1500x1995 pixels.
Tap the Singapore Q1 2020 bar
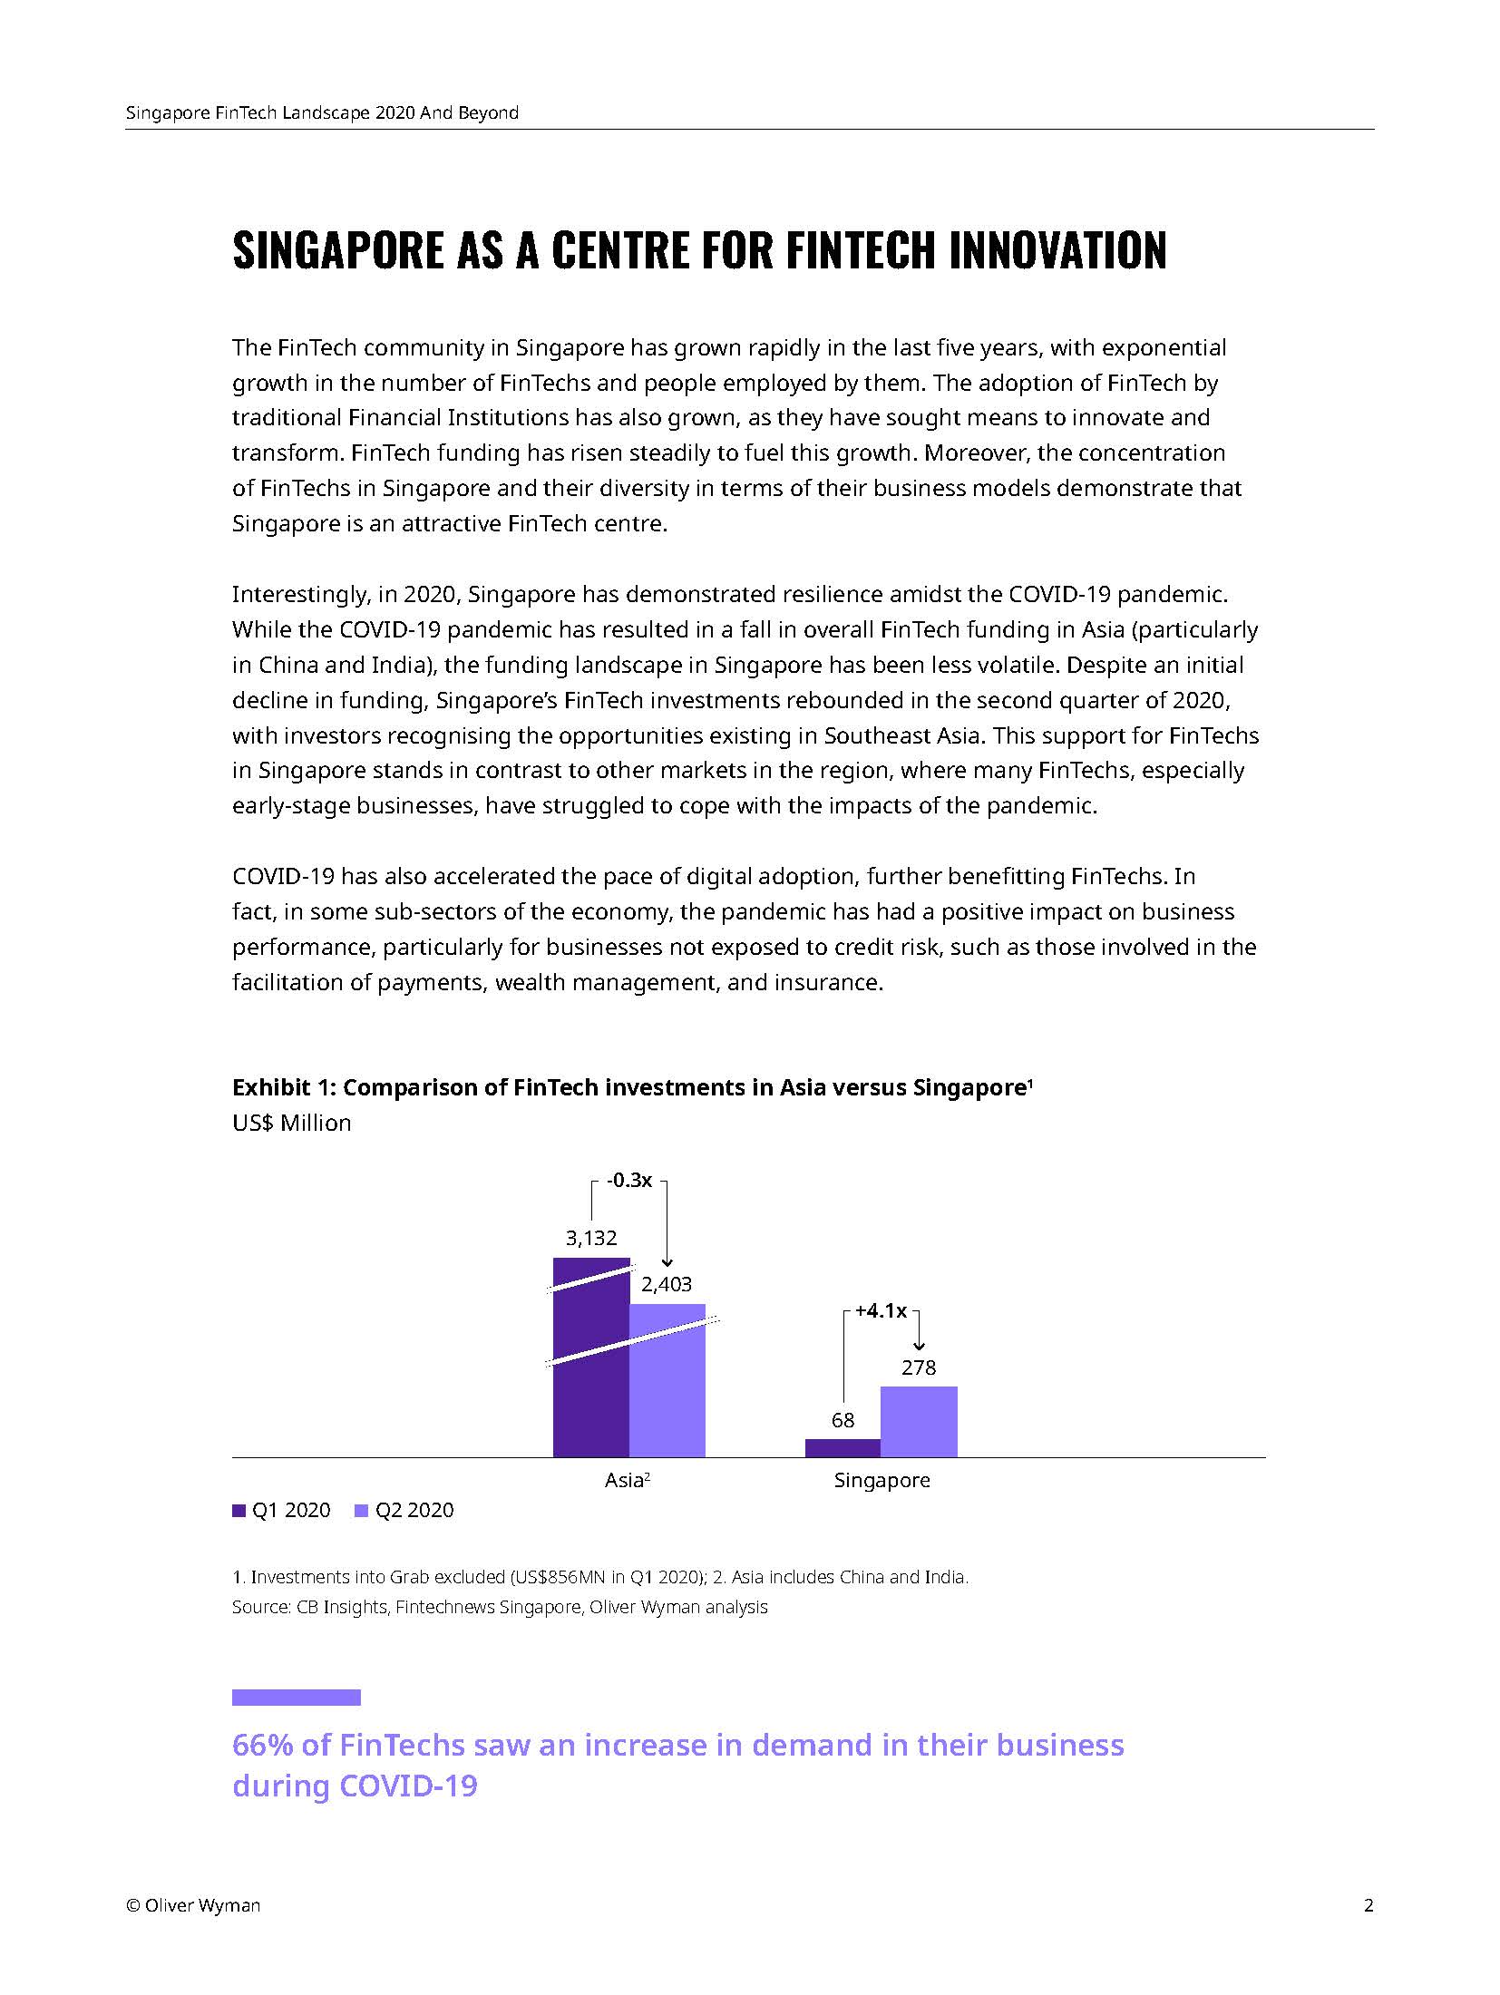pyautogui.click(x=843, y=1447)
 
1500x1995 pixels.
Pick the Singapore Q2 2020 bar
pyautogui.click(x=919, y=1421)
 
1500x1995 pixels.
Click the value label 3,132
pyautogui.click(x=591, y=1238)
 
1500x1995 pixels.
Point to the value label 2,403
pyautogui.click(x=667, y=1284)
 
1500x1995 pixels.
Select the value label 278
pyautogui.click(x=919, y=1367)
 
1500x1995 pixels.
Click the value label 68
pyautogui.click(x=843, y=1420)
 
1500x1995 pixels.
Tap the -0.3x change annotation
pyautogui.click(x=629, y=1180)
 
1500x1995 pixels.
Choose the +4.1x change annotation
pyautogui.click(x=881, y=1310)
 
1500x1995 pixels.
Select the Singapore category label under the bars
pyautogui.click(x=881, y=1481)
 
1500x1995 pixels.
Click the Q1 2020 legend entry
pyautogui.click(x=282, y=1511)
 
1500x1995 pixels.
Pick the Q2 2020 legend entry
pyautogui.click(x=404, y=1511)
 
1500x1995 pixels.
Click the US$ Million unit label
pyautogui.click(x=291, y=1123)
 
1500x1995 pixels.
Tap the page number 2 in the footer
pyautogui.click(x=1369, y=1905)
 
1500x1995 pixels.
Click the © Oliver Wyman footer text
pyautogui.click(x=193, y=1905)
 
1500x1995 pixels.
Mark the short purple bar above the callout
pyautogui.click(x=296, y=1697)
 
